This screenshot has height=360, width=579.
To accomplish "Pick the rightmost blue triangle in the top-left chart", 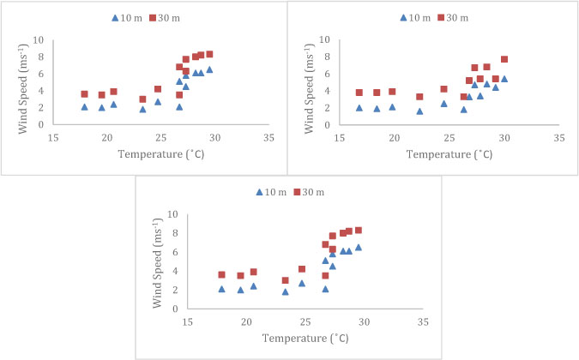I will click(209, 69).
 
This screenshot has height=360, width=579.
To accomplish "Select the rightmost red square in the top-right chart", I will click(504, 59).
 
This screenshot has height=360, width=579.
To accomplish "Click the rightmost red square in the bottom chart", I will click(358, 230).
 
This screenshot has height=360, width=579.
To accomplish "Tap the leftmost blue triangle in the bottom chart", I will click(221, 289).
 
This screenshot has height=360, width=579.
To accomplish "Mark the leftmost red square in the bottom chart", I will click(221, 274).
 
